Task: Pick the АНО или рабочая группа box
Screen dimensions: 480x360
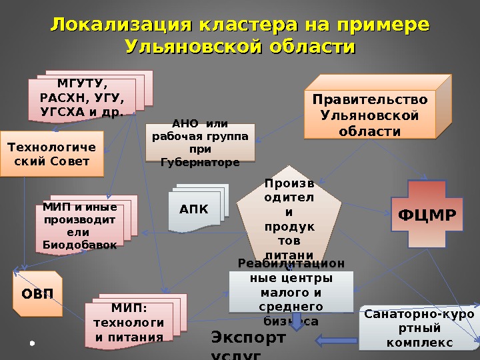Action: [200, 143]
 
